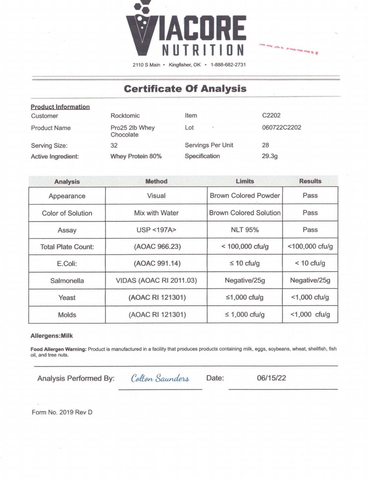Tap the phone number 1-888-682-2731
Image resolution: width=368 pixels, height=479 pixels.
(228, 65)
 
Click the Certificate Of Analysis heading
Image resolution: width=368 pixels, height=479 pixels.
(185, 89)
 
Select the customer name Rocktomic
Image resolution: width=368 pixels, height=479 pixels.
(125, 116)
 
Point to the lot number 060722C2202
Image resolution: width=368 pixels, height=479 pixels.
(281, 127)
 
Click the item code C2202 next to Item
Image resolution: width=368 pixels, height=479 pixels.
(271, 115)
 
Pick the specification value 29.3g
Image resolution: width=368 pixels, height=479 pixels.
(270, 156)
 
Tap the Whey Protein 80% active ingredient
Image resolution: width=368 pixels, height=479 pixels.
(136, 156)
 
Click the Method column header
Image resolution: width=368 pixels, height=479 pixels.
(156, 181)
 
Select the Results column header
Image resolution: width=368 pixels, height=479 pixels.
(310, 181)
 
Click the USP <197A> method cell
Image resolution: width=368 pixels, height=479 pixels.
(156, 230)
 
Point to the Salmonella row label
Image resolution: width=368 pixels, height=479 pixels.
(67, 281)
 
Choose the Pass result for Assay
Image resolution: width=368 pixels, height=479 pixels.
(310, 230)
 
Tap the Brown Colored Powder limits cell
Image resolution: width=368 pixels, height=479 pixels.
(245, 196)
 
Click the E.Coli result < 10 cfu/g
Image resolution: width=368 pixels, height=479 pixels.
(310, 263)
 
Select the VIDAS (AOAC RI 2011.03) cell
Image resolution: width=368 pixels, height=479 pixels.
(156, 281)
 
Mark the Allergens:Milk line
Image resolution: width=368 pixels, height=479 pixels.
(52, 336)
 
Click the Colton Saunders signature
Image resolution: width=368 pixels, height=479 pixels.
(160, 379)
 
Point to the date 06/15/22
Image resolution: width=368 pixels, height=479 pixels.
(271, 378)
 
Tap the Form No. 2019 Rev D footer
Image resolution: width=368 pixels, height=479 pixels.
(62, 412)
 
